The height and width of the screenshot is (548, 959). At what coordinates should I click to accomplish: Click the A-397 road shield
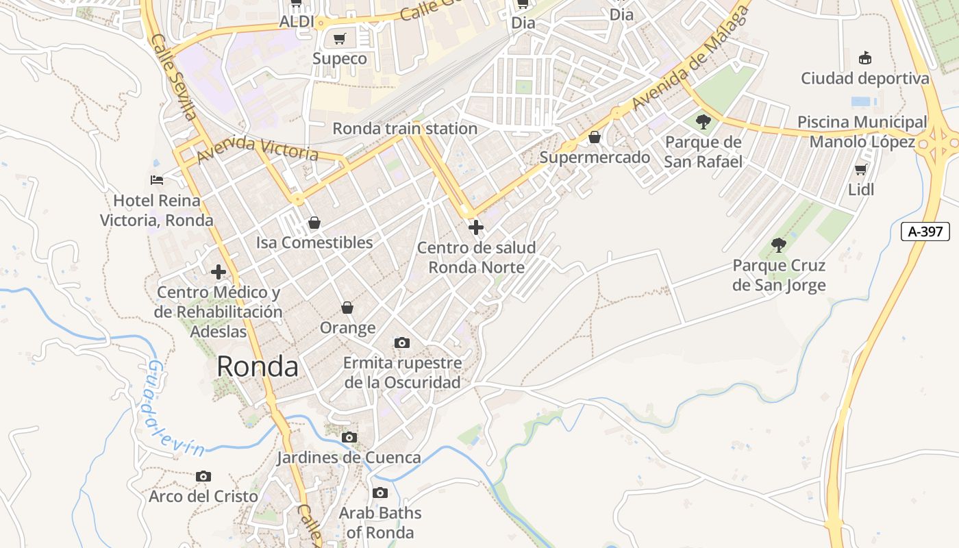925,232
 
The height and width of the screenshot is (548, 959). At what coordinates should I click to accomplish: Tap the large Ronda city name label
258,367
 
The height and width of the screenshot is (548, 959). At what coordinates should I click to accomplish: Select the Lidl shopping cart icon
861,169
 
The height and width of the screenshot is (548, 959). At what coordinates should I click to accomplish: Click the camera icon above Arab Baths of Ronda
380,493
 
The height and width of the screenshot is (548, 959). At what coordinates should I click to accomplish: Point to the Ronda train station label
405,128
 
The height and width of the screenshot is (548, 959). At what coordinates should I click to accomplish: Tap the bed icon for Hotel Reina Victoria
157,180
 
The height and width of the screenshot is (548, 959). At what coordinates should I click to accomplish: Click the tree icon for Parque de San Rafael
703,122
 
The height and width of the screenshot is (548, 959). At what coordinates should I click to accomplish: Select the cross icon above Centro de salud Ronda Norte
476,227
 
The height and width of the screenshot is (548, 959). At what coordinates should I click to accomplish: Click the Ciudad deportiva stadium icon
865,58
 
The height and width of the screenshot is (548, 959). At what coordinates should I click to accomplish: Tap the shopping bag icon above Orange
347,308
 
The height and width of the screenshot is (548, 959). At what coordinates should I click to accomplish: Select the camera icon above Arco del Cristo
203,476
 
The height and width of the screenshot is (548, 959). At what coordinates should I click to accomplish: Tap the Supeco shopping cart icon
339,38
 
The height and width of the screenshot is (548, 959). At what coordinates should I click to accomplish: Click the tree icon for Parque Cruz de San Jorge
778,245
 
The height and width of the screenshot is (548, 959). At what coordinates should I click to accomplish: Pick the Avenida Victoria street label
258,149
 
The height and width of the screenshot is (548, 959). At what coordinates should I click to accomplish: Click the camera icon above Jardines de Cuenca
349,437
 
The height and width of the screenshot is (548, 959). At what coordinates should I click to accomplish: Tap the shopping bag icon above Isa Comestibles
314,223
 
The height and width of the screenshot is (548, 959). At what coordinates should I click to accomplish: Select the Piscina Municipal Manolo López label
862,132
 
